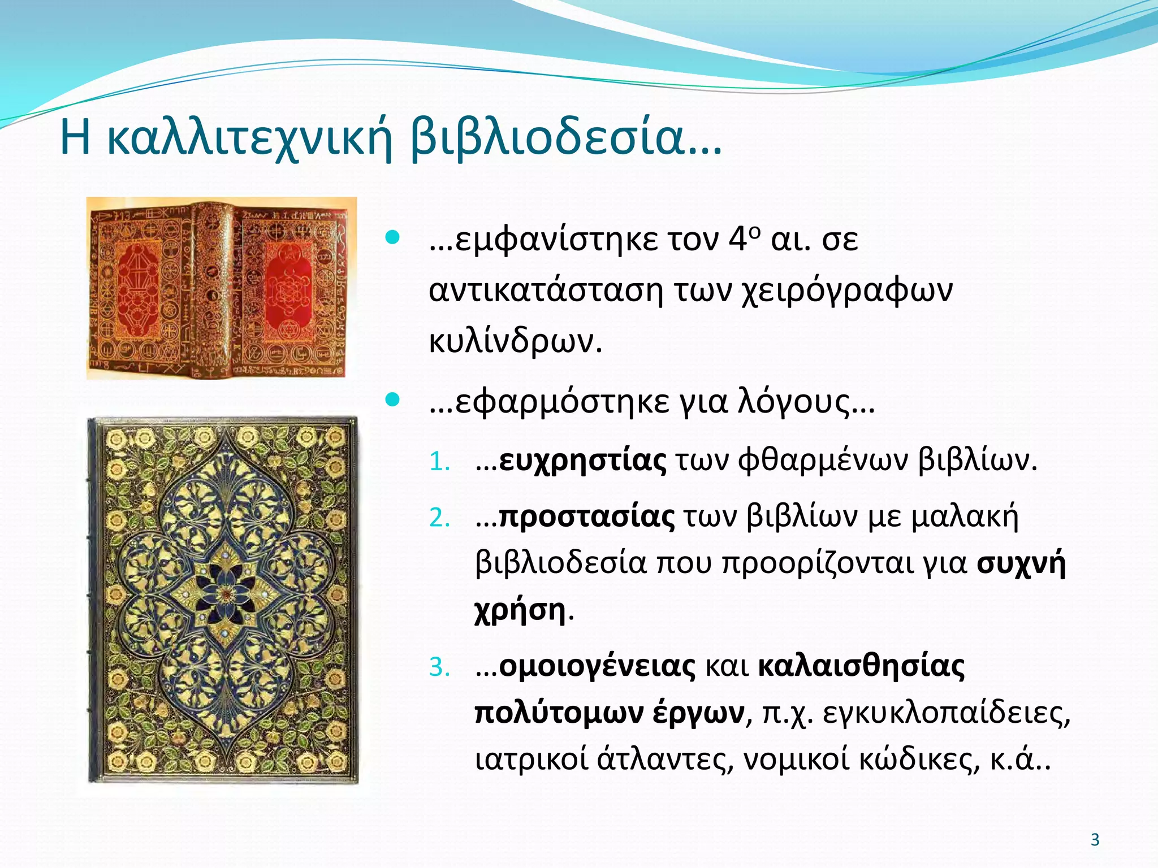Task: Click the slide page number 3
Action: [x=1095, y=839]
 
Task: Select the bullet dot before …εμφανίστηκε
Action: [x=392, y=237]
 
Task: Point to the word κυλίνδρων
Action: [x=515, y=341]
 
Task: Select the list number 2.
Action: [x=439, y=518]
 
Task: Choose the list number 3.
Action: [x=439, y=667]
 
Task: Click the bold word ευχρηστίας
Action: [x=582, y=461]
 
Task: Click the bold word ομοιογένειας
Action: [x=597, y=667]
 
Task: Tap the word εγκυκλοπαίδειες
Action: [x=946, y=713]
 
